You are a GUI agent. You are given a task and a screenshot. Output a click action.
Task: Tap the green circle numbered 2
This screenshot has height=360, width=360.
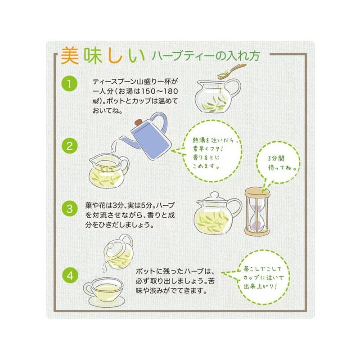point(69,146)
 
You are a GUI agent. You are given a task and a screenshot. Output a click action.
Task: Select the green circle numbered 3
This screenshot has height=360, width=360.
point(69,209)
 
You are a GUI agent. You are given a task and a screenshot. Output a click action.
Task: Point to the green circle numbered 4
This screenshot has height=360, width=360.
point(69,274)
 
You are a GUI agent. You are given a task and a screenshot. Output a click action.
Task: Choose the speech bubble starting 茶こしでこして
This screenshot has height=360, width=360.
point(262,278)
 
